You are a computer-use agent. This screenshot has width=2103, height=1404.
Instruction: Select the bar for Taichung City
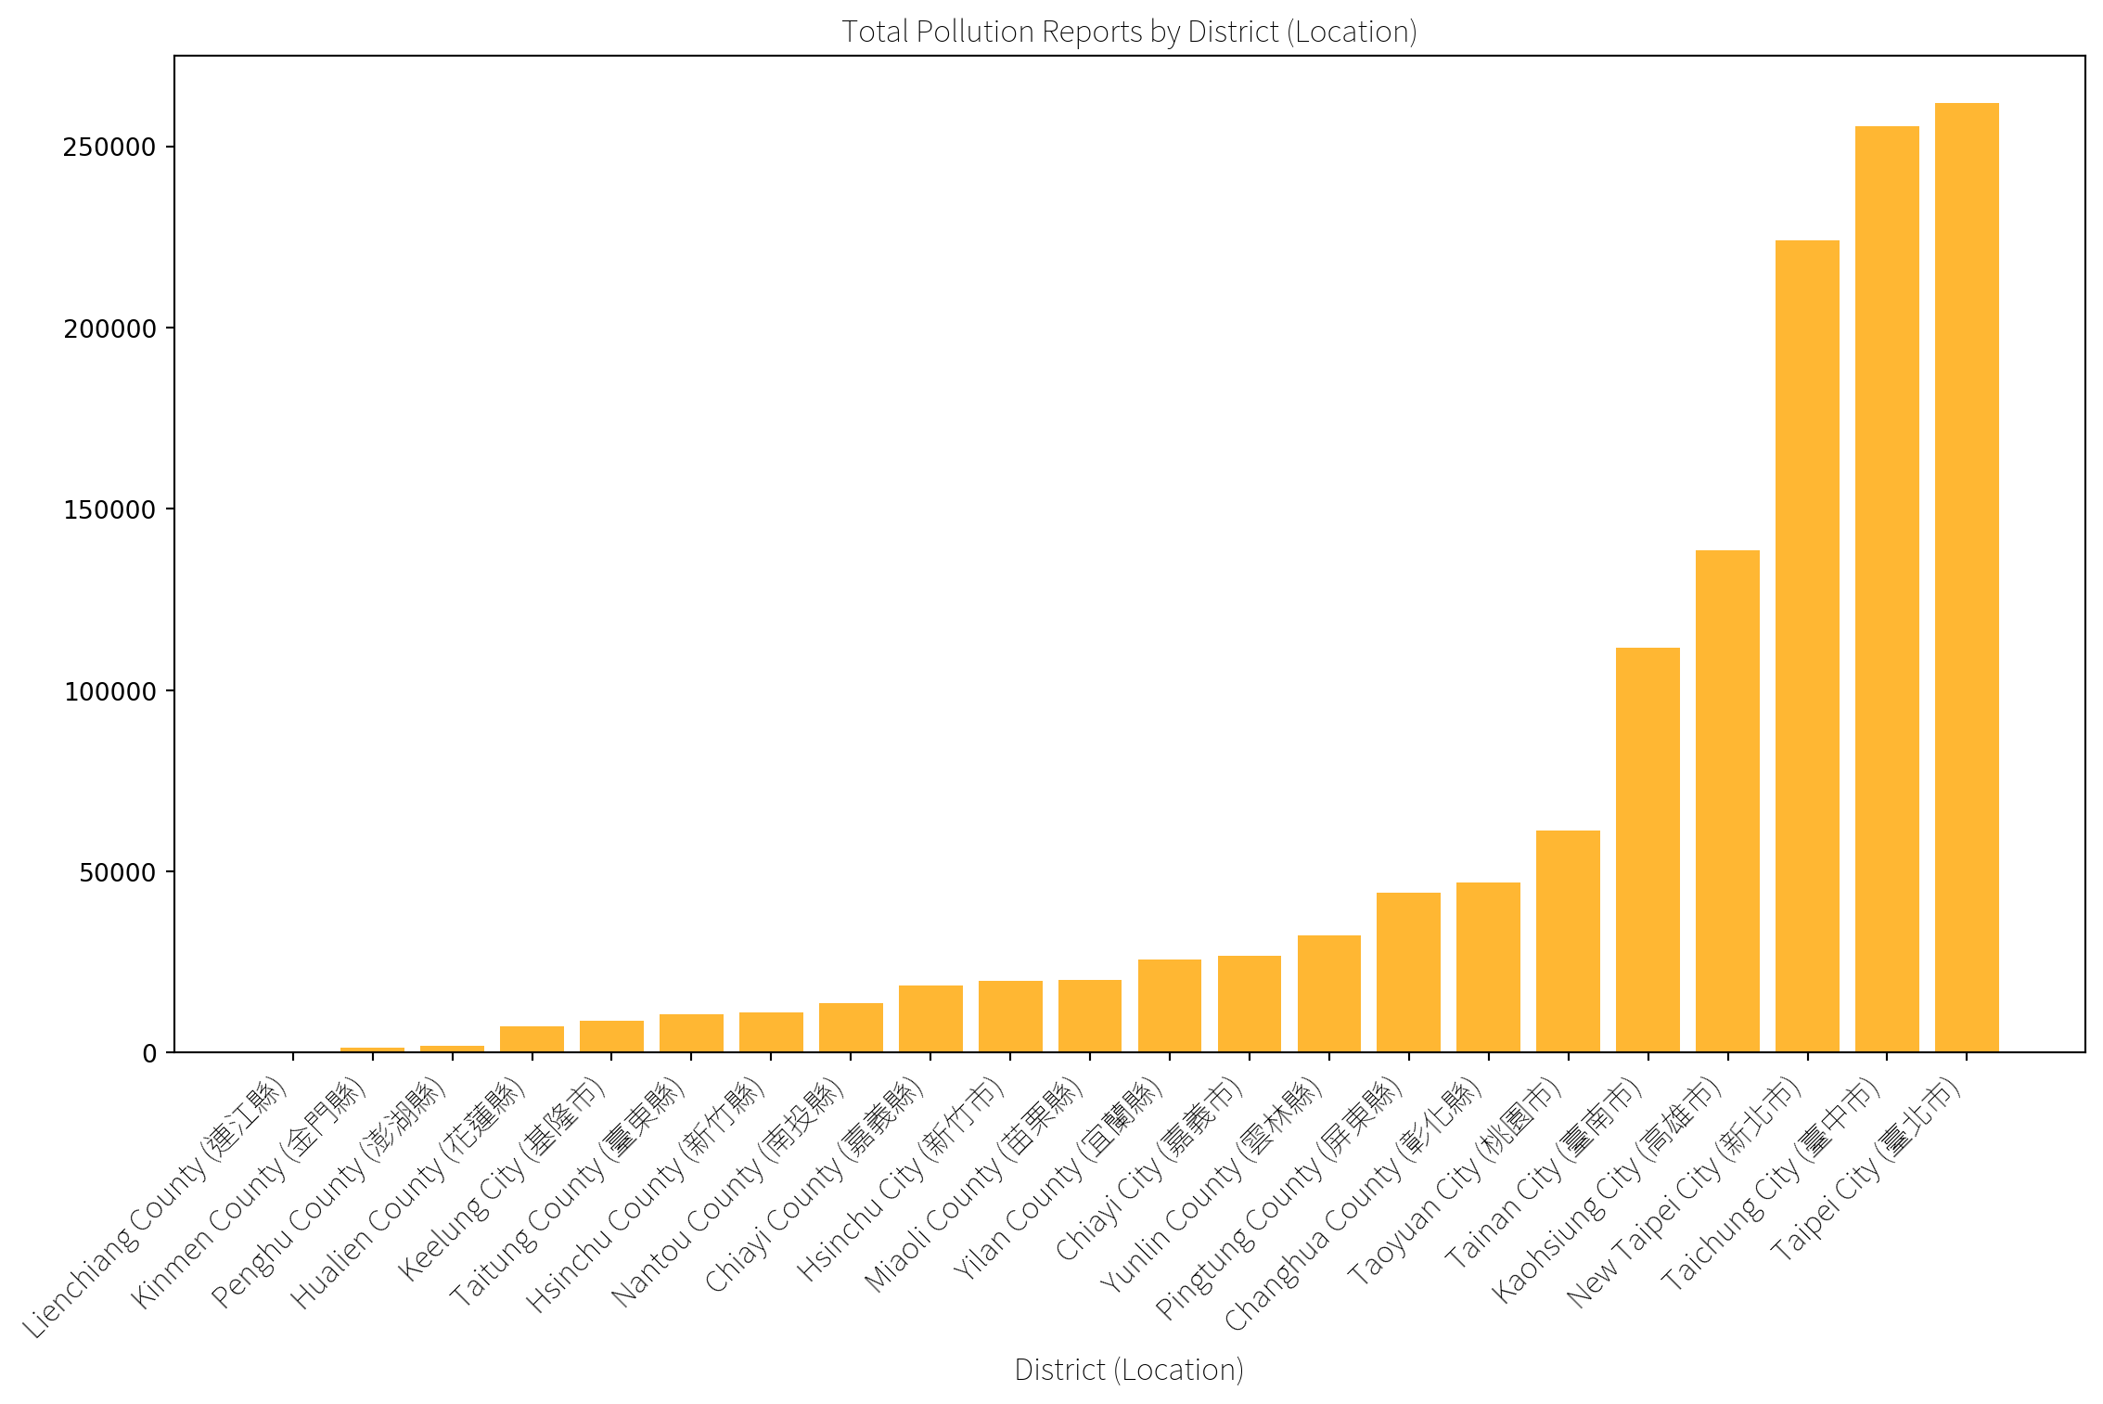pos(1887,589)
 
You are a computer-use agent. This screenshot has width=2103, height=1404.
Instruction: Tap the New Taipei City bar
pos(1807,646)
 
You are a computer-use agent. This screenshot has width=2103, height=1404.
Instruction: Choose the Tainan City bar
pos(1648,850)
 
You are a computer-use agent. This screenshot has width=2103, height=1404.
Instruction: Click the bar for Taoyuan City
pos(1568,941)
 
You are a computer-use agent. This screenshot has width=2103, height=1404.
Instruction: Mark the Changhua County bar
pos(1488,967)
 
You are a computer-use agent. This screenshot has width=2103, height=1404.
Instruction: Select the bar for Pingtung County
pos(1408,972)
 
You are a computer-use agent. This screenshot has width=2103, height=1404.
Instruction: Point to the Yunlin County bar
pos(1329,994)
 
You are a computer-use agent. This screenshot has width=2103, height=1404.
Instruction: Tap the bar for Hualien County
pos(532,1039)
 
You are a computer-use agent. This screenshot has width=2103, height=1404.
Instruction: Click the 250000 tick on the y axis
pos(109,148)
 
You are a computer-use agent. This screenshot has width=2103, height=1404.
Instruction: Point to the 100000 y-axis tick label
pos(109,691)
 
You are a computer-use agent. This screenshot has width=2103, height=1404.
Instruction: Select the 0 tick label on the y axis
pos(149,1054)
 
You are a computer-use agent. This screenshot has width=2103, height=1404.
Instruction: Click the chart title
pos(1129,32)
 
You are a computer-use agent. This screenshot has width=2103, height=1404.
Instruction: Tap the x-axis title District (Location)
pos(1129,1370)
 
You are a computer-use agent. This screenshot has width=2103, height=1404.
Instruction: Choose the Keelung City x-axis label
pos(502,1179)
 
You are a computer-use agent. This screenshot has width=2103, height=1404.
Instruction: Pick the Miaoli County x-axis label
pos(974,1184)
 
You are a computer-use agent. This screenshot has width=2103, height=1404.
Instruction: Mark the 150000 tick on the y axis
pos(109,510)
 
